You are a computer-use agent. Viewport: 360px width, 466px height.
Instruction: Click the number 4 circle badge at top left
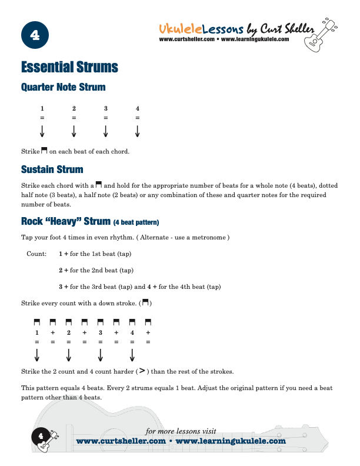tap(34, 36)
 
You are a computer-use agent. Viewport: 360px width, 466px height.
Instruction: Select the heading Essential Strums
tap(69, 67)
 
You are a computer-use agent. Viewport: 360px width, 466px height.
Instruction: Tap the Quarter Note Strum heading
tap(63, 87)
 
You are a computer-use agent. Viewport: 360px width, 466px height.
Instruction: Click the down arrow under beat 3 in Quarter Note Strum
tap(106, 131)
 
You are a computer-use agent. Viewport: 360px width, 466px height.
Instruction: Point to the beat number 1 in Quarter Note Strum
tap(42, 108)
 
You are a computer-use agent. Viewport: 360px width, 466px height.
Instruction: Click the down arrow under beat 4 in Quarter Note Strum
tap(138, 131)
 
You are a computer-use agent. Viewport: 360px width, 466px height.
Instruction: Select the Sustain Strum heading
tap(52, 169)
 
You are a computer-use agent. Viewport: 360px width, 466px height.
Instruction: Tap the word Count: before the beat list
tap(37, 254)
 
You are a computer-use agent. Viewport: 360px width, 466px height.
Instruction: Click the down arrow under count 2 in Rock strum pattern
tap(69, 355)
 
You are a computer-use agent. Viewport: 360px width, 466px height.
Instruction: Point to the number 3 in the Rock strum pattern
tap(101, 333)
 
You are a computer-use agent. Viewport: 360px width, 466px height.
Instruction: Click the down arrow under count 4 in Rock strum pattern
tap(132, 355)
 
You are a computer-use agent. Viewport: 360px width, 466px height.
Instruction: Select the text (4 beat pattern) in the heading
tap(136, 222)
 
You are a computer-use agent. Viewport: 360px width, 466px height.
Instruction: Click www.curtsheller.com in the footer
tap(121, 441)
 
